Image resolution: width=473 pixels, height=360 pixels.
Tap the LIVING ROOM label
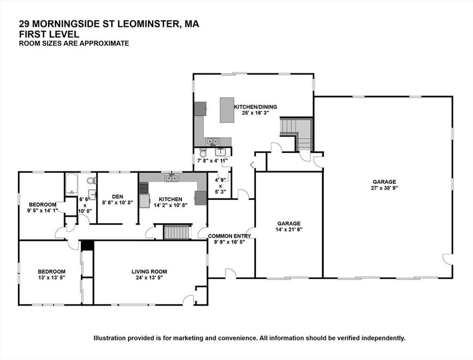coord(149,272)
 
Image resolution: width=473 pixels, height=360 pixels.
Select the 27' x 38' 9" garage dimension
coord(384,188)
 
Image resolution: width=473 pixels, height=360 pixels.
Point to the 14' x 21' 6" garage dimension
coord(289,229)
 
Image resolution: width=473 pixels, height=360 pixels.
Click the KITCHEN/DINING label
coord(255,107)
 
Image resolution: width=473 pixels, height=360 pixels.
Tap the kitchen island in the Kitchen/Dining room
coord(227,110)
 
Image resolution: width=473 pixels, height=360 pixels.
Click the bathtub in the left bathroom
coord(72,184)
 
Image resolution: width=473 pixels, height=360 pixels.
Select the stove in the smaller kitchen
coord(144,188)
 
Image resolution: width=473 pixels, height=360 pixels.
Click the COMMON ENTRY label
coord(230,236)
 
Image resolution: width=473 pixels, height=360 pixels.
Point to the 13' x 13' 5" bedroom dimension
coord(51,278)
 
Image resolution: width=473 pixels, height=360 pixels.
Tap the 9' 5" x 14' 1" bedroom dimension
coord(42,210)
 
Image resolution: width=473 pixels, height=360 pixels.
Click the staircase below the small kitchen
coord(177,232)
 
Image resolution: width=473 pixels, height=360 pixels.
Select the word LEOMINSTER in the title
coord(147,24)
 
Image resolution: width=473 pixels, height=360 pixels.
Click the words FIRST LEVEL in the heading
coord(49,34)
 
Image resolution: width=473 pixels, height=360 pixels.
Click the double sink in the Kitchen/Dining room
coord(213,141)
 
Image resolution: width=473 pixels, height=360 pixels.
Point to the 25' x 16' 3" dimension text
coord(255,113)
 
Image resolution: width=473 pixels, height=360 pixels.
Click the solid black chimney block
coord(87,245)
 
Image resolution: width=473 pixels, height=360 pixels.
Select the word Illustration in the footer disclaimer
coord(109,338)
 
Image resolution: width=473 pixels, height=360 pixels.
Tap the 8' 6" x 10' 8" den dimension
coord(117,203)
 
